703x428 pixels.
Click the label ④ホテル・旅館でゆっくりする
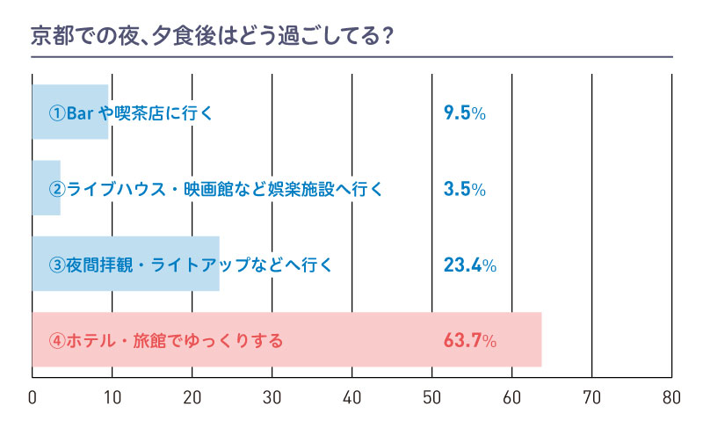[166, 339]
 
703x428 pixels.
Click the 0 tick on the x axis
[33, 396]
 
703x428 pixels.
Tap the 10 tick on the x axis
[112, 396]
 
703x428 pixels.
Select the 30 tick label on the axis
[272, 396]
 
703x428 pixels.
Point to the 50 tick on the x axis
[432, 396]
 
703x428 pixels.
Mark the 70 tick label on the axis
[592, 396]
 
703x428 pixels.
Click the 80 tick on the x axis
[672, 396]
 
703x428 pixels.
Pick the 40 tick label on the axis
[352, 396]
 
